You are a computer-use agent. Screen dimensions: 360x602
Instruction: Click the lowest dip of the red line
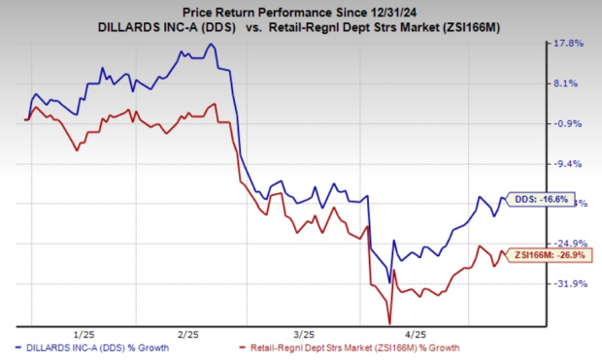(389, 323)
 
